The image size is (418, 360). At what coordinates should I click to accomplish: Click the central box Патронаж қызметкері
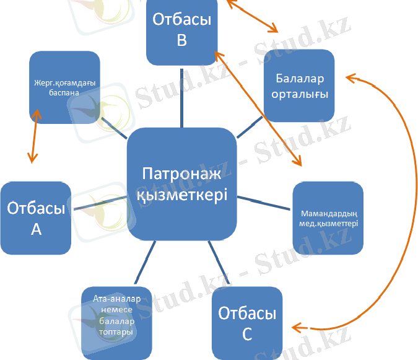tap(182, 184)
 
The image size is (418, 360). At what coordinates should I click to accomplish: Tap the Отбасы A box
tap(36, 218)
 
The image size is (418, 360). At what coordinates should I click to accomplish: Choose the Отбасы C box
tap(247, 323)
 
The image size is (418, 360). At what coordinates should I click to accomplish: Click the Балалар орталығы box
tap(299, 86)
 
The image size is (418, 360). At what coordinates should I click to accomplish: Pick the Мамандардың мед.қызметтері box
tap(328, 218)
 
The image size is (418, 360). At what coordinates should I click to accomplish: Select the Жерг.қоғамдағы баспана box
tap(64, 87)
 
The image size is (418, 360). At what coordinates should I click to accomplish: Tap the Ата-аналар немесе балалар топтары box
tap(116, 323)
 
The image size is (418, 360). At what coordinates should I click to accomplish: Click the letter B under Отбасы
tap(182, 40)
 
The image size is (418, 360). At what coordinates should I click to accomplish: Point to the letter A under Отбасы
tap(37, 229)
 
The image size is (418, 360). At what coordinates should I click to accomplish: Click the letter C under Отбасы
tap(247, 334)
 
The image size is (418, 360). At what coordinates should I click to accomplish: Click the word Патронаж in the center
tap(181, 173)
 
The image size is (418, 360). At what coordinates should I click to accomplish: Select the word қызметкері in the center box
tap(182, 195)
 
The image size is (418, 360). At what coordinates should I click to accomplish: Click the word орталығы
tap(300, 94)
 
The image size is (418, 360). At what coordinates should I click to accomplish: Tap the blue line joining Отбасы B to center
tap(182, 98)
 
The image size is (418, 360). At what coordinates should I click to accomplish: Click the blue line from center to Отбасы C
tap(219, 262)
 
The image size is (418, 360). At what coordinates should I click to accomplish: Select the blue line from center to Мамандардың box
tap(264, 203)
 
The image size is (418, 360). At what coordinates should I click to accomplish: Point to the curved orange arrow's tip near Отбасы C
tap(292, 327)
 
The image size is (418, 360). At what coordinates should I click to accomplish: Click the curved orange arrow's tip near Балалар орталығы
tap(346, 77)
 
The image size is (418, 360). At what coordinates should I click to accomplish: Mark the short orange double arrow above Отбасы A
tap(35, 136)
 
